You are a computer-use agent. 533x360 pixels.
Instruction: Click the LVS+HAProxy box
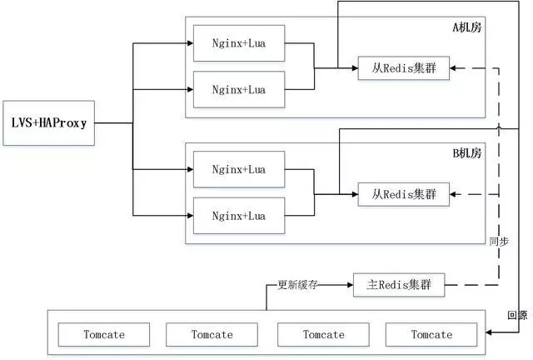49,122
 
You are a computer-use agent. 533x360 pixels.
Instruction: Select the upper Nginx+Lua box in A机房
237,43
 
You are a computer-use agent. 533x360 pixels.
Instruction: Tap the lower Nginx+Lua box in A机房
237,88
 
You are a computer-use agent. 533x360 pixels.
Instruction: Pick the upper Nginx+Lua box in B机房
237,169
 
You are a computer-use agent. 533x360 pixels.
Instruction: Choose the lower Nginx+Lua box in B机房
237,215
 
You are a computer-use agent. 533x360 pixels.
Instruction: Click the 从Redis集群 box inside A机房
404,69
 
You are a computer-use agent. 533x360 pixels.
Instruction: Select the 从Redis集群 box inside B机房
404,195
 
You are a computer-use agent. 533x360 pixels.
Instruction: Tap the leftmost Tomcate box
104,334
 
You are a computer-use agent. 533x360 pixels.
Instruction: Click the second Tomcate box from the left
212,334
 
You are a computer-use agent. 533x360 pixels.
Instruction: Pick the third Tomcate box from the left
323,334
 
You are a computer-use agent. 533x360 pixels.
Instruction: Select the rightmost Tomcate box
431,334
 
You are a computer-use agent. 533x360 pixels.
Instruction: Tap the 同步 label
499,241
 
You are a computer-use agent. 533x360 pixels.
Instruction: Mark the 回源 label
516,315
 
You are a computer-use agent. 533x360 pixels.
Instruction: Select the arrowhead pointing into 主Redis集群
349,285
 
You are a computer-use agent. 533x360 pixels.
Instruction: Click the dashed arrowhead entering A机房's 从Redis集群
455,69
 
